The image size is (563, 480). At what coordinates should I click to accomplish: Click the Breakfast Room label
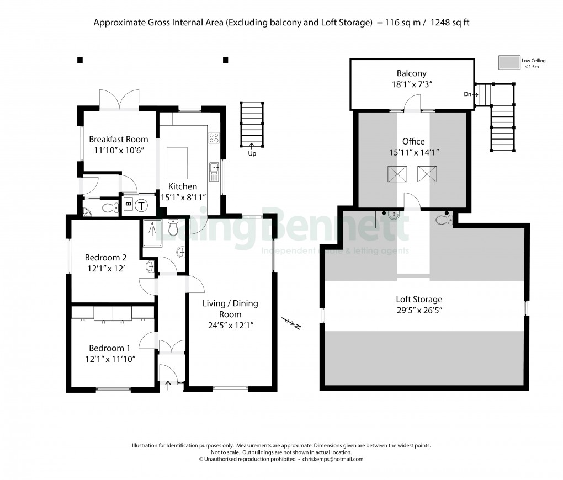pos(118,139)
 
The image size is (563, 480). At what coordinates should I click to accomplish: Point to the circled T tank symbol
pos(142,206)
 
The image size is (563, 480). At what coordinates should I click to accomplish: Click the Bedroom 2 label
pos(105,257)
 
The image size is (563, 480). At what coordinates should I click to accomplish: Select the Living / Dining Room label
pos(230,308)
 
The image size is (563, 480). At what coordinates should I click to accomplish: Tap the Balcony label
pos(411,73)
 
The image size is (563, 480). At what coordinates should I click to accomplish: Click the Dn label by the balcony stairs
pos(468,95)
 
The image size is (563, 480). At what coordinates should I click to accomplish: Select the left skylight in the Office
pos(396,175)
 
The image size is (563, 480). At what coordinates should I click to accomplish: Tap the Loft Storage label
pos(419,300)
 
